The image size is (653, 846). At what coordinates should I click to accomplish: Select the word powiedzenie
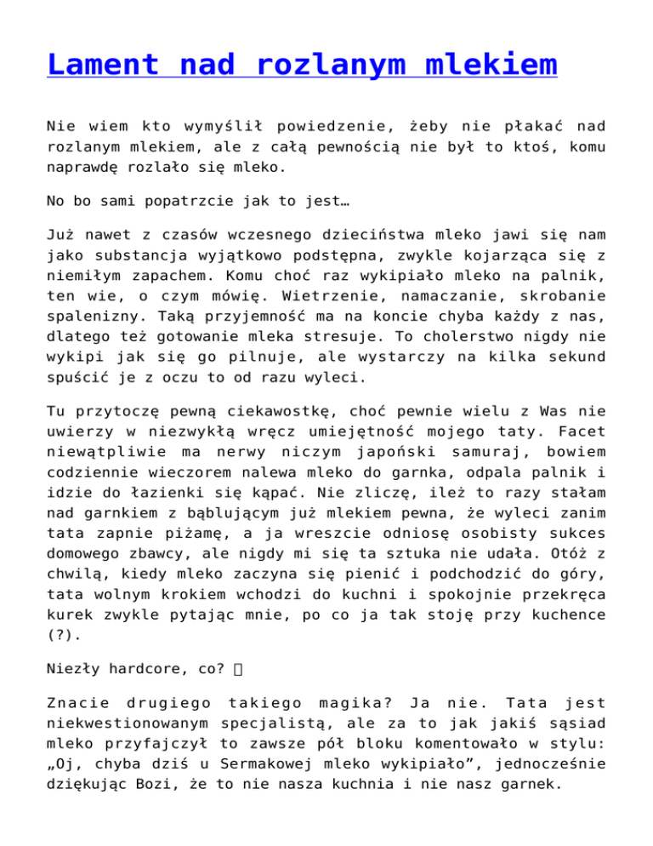310,127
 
